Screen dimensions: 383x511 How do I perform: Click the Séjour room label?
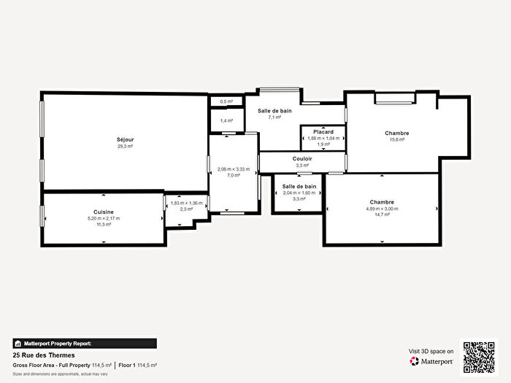pos(125,139)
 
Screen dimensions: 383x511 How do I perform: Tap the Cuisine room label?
pos(103,211)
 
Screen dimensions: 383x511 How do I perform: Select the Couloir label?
pos(302,158)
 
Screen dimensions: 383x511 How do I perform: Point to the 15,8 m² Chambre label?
pos(396,134)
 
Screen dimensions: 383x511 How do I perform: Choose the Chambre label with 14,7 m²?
pos(382,202)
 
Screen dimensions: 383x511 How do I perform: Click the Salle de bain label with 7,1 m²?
pos(274,110)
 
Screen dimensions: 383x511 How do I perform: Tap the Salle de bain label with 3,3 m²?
pos(299,187)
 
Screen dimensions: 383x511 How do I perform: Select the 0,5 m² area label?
pos(226,101)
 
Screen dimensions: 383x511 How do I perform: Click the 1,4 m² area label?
pos(226,120)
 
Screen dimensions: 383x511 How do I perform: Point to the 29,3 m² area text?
pos(125,147)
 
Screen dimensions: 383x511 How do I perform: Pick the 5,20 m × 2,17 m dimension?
pos(103,218)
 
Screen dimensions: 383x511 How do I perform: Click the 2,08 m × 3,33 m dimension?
pos(234,169)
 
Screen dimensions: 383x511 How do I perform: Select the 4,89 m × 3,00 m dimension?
pos(382,209)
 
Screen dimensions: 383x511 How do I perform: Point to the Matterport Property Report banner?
pos(84,343)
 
